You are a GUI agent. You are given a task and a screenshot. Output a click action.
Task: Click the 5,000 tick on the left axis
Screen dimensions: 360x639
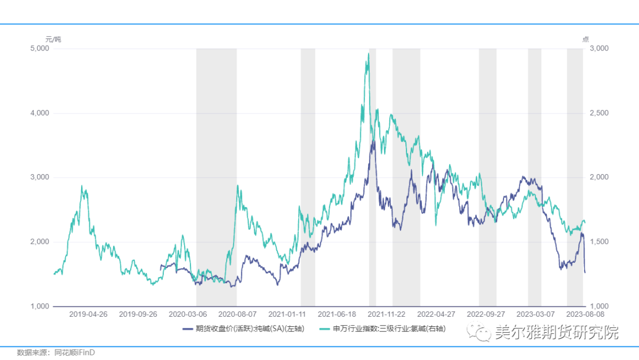[40, 49]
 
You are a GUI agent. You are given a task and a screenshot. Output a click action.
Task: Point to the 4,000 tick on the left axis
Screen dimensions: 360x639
[40, 113]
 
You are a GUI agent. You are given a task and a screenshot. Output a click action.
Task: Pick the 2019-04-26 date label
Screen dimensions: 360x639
[88, 314]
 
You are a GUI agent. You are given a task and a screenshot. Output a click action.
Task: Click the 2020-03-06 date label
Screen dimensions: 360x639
[189, 314]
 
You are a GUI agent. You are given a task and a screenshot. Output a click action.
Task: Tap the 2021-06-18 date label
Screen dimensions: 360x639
[337, 314]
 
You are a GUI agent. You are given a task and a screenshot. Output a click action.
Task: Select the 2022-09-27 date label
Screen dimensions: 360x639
[486, 314]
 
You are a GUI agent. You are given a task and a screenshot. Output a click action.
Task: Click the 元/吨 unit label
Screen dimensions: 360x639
[53, 39]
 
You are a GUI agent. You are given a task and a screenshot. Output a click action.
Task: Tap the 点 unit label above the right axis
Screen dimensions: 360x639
[585, 39]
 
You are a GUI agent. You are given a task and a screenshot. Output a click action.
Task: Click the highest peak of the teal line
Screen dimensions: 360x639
[368, 54]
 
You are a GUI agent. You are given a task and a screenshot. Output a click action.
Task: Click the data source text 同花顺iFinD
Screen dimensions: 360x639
[75, 352]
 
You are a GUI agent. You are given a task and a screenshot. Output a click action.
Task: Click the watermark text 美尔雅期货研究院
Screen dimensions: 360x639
[556, 333]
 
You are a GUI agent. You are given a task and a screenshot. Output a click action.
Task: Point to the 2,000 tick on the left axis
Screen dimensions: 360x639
[40, 242]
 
